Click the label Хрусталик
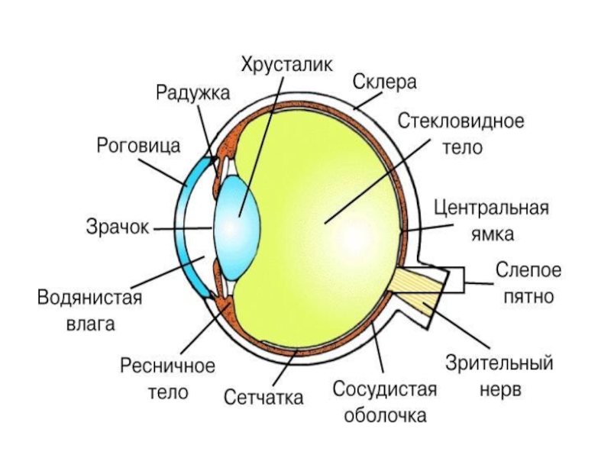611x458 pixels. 286,63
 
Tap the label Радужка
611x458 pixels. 193,93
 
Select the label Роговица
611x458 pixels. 138,144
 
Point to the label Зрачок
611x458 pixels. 117,227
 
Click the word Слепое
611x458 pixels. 529,269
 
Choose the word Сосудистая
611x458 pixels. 384,390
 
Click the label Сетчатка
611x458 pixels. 263,397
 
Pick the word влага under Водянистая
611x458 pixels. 90,324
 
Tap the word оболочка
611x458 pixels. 384,417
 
